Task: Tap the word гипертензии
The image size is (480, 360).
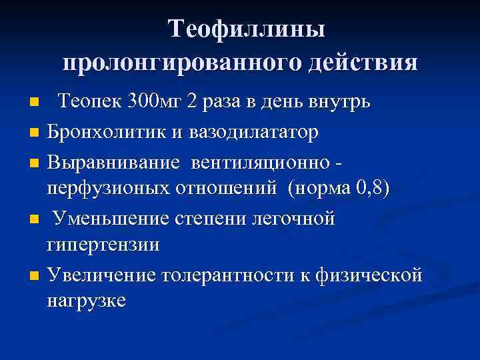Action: pyautogui.click(x=103, y=245)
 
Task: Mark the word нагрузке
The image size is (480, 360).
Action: pyautogui.click(x=86, y=301)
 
